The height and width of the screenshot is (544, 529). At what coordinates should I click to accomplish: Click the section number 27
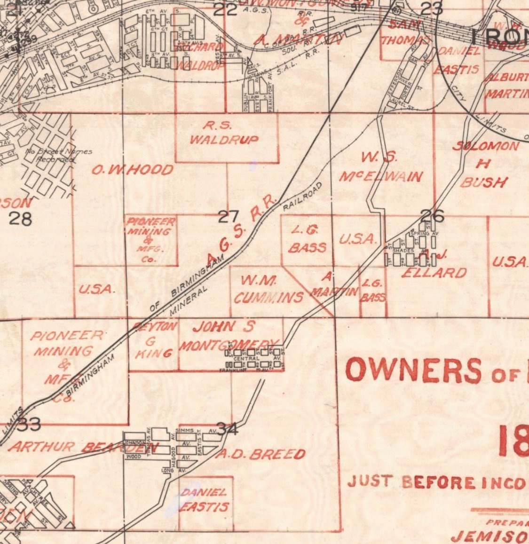(229, 217)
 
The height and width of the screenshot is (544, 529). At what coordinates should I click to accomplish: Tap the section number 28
(21, 219)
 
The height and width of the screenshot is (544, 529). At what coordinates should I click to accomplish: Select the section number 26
(432, 216)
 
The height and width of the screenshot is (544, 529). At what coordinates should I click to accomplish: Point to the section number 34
(228, 429)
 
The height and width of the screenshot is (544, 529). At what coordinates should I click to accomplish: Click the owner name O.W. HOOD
(132, 170)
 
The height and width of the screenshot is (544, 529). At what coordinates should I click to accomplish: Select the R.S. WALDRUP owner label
(225, 133)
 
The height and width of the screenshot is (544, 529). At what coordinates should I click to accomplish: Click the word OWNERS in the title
(413, 371)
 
